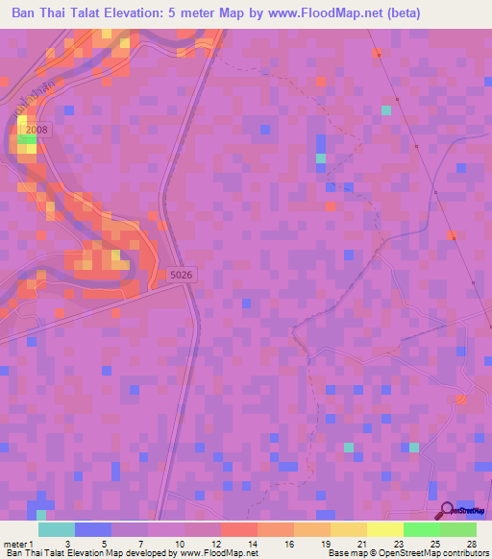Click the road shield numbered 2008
tap(37, 129)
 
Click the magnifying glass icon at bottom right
tap(447, 511)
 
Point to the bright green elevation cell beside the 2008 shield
tap(27, 140)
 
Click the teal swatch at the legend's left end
tap(56, 529)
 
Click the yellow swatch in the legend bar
tap(349, 529)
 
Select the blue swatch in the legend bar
tap(92, 529)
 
